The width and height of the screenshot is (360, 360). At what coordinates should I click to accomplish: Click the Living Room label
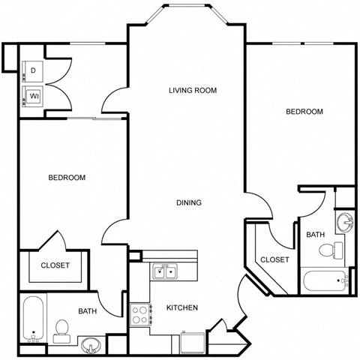click(x=192, y=90)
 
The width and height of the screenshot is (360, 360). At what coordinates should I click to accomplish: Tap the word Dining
click(x=188, y=202)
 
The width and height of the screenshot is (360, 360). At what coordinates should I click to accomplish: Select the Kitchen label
click(x=182, y=307)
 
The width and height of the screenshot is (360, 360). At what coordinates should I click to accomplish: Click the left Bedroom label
click(x=67, y=178)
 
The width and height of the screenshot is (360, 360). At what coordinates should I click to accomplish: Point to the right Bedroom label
click(x=304, y=112)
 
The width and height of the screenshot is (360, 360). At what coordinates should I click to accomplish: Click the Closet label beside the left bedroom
click(x=55, y=265)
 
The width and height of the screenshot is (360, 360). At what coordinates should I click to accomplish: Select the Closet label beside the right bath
click(x=274, y=259)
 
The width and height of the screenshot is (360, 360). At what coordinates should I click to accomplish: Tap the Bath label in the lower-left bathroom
click(x=88, y=310)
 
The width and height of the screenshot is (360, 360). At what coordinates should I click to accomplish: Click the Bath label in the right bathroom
click(x=316, y=235)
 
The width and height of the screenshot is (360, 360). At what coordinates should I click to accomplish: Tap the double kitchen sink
click(x=164, y=271)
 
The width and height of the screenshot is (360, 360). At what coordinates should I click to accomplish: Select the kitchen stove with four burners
click(x=139, y=314)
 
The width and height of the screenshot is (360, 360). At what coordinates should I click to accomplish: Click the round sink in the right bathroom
click(x=346, y=222)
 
